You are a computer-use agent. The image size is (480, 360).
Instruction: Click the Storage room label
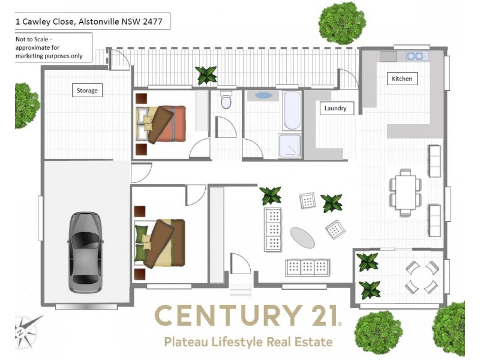(87, 91)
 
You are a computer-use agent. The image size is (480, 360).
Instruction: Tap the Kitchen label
(402, 79)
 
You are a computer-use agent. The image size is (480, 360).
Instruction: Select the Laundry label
(336, 109)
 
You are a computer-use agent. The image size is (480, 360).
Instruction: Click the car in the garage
(85, 252)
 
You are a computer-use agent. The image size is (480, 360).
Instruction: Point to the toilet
(226, 100)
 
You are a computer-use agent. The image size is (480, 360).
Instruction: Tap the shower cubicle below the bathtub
(290, 145)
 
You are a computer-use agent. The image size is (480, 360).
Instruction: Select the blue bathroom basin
(263, 95)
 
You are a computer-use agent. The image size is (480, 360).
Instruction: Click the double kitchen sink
(415, 56)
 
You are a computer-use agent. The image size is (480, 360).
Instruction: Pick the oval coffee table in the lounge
(302, 238)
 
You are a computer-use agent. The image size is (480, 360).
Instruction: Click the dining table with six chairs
(406, 193)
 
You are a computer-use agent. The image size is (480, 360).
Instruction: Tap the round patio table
(421, 277)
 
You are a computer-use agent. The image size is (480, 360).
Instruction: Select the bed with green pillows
(161, 242)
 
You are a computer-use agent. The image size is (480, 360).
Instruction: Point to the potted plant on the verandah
(207, 75)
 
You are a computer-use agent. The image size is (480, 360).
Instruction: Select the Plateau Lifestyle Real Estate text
(248, 342)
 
